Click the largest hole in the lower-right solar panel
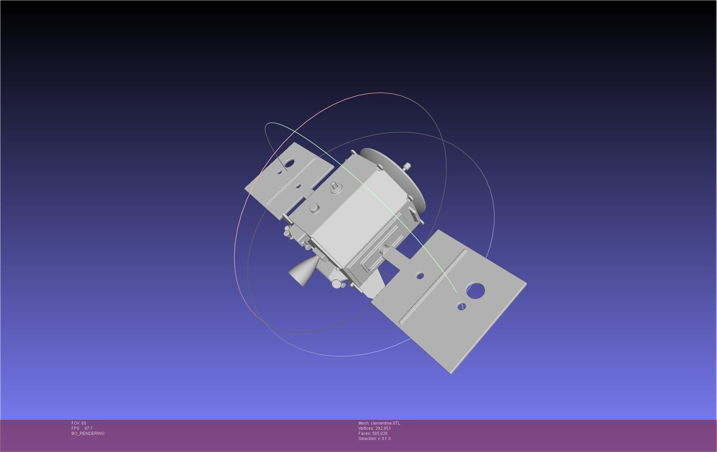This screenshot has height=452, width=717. coord(475,291)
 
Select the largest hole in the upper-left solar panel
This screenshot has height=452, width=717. coord(289,164)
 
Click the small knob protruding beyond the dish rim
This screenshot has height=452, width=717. coord(407,167)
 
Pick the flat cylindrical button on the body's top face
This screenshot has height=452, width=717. coord(314,208)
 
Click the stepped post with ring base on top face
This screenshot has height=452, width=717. coord(335,187)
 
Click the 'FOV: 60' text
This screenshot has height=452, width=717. coord(79,423)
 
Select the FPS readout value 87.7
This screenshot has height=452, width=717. coord(88,428)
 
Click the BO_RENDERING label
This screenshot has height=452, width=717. coord(88,434)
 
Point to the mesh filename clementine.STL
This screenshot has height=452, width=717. coord(385,423)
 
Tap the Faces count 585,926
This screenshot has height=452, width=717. coord(380,434)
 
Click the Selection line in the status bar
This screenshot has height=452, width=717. coord(374,439)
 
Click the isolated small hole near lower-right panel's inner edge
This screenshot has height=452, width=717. coord(420,276)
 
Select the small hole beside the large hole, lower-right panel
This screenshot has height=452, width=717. coord(461,306)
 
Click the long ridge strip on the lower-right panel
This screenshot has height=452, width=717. coord(433,286)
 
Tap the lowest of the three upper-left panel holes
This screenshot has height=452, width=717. coord(298,186)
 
